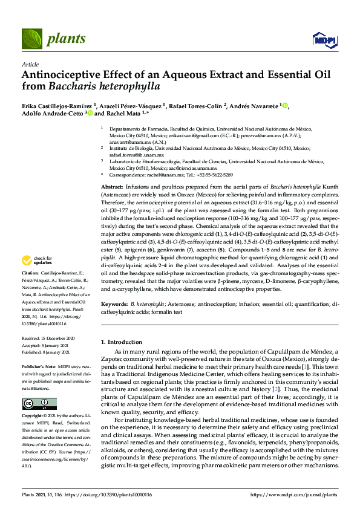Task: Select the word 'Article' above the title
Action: [x=30, y=64]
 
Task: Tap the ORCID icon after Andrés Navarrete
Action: [x=285, y=106]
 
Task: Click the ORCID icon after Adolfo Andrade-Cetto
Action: [x=90, y=113]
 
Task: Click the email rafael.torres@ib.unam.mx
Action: [x=133, y=155]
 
